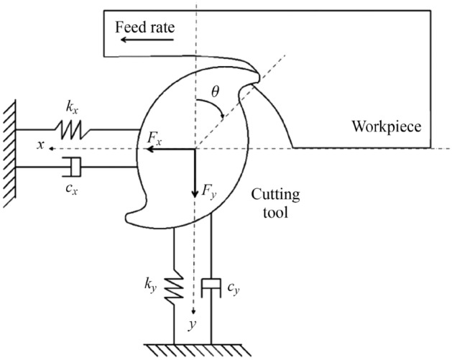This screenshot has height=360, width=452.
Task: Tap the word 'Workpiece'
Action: (x=385, y=127)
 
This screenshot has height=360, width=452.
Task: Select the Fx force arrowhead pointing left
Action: (x=147, y=149)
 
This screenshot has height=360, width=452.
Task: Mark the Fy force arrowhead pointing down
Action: (x=195, y=194)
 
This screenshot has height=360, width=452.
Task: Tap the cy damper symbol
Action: (x=211, y=287)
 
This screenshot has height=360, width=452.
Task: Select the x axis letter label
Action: (x=42, y=146)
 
